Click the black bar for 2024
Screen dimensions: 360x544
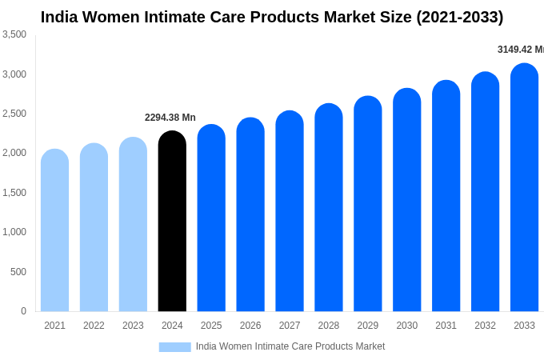(x=172, y=222)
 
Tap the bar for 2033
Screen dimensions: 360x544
(x=524, y=188)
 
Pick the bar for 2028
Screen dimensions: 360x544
(x=329, y=208)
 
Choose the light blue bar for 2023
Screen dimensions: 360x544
(x=133, y=225)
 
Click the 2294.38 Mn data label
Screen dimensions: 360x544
(x=170, y=118)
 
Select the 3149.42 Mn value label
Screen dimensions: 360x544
(x=520, y=50)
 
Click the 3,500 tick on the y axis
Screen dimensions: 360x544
(x=14, y=34)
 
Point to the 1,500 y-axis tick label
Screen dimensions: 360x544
(x=14, y=193)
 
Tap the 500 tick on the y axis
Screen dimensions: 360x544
(x=18, y=272)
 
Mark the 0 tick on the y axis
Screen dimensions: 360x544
(x=23, y=311)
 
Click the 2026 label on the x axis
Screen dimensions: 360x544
(x=250, y=326)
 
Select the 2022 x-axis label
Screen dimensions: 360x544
(x=94, y=326)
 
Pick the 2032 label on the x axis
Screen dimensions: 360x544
(x=485, y=326)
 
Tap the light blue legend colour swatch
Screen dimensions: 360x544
(x=174, y=347)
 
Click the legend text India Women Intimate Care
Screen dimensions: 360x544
(x=290, y=346)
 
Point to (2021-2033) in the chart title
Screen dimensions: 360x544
(x=459, y=17)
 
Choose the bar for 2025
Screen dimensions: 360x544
(x=211, y=218)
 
